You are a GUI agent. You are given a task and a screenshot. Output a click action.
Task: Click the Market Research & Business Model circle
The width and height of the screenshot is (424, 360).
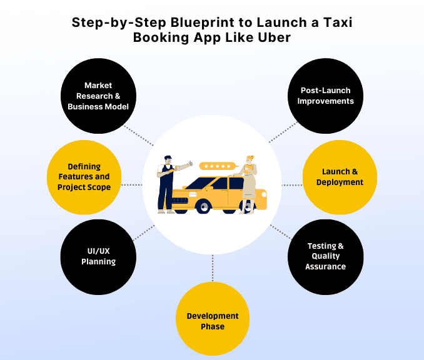click(x=98, y=96)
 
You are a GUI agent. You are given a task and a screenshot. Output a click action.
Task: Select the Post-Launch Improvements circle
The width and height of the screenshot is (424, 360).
click(x=325, y=96)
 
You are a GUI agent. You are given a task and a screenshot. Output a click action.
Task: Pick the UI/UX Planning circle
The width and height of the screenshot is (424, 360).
click(x=98, y=256)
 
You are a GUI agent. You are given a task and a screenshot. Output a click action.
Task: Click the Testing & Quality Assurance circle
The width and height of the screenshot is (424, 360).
click(x=325, y=256)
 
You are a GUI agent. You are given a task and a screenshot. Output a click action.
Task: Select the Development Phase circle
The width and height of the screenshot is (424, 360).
click(x=213, y=321)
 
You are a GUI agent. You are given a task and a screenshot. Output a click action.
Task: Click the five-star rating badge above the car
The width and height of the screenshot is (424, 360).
click(x=218, y=166)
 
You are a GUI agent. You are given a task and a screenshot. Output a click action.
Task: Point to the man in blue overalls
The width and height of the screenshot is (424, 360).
click(x=167, y=184)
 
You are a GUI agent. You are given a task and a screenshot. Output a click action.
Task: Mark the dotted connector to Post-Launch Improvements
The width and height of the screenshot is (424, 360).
click(x=284, y=132)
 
